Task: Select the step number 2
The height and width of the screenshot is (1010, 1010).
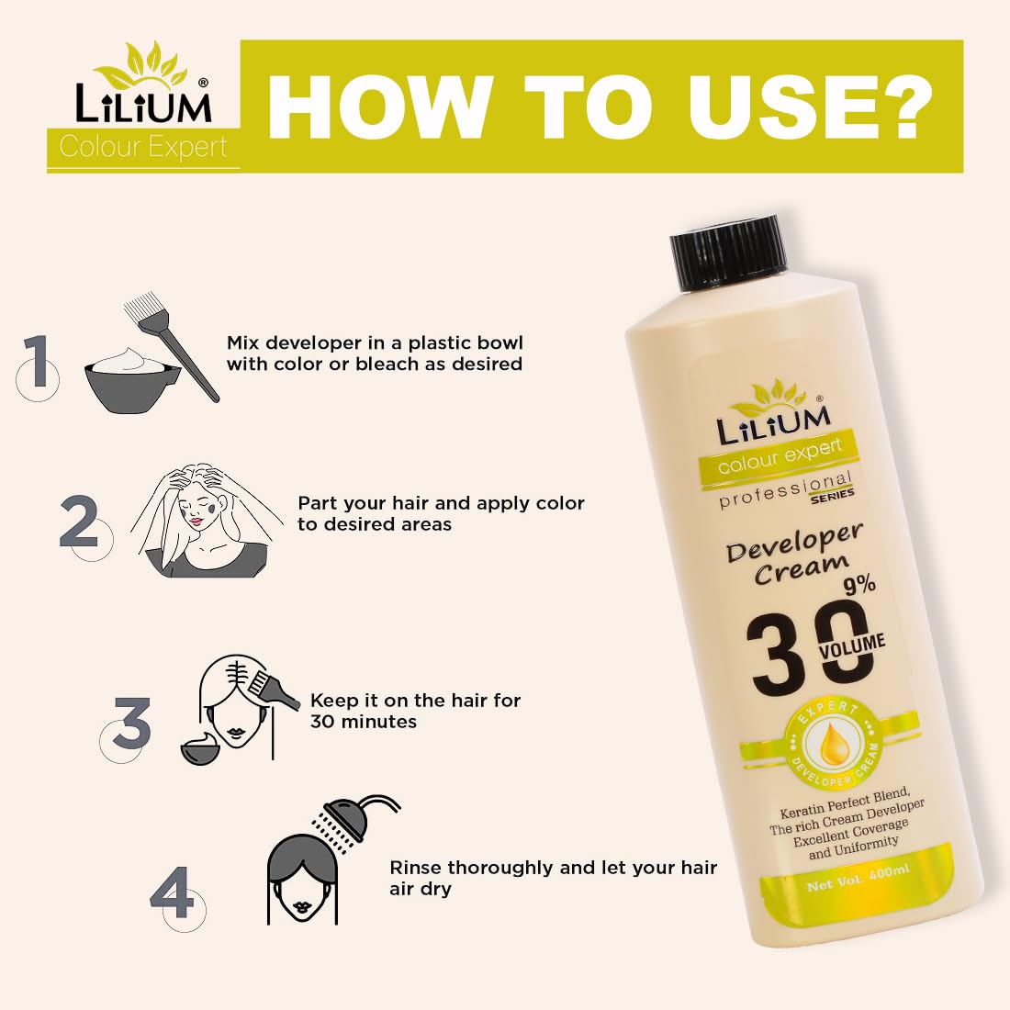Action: (x=79, y=523)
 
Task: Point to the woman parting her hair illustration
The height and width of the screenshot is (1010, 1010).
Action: (x=205, y=519)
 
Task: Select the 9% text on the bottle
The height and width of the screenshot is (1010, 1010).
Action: (x=858, y=584)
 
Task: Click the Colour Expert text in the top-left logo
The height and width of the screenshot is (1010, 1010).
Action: (x=143, y=148)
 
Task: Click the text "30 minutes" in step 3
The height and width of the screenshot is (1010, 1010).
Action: (x=364, y=722)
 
